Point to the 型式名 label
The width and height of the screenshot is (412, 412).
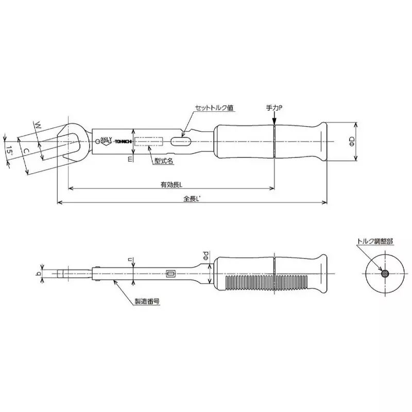click(x=163, y=160)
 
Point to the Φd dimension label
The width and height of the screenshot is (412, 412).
click(x=204, y=254)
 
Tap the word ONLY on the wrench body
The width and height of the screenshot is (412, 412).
click(x=106, y=138)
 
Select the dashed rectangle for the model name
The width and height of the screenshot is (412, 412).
click(x=149, y=141)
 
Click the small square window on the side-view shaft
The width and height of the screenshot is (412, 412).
click(x=171, y=274)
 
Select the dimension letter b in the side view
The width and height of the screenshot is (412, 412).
click(x=40, y=274)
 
